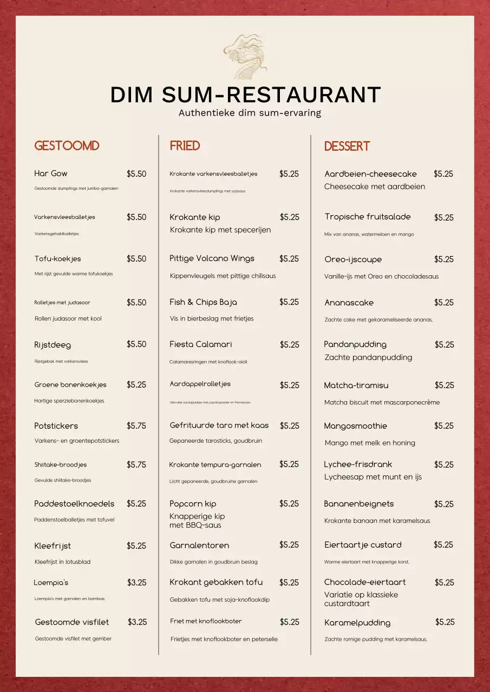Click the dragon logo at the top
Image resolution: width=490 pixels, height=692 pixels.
pos(245,57)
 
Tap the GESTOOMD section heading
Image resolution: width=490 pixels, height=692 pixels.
pos(67,146)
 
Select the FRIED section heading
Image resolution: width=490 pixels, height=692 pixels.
pos(185,146)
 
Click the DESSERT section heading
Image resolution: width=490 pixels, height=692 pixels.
pos(347,147)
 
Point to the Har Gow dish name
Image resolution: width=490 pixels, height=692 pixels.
pos(51,174)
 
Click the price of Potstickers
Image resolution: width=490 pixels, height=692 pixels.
pos(136,426)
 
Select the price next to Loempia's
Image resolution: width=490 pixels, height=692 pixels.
pos(137,583)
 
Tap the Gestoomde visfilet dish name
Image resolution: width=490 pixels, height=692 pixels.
pos(72,622)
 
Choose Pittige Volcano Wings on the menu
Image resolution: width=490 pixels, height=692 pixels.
pos(212,258)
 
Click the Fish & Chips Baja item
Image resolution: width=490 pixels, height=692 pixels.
pos(203,302)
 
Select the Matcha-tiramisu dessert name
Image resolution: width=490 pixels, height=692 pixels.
pos(356,385)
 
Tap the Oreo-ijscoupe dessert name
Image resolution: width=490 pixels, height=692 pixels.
pos(353,259)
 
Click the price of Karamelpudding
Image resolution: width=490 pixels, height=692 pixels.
pos(445,622)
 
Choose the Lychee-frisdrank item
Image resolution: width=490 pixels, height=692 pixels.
pos(358,464)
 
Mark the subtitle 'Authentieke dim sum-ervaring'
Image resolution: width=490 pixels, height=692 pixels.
pos(250,113)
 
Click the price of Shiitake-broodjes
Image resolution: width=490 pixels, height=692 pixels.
pos(136,464)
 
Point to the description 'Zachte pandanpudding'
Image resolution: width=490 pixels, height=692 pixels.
pos(368,357)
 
